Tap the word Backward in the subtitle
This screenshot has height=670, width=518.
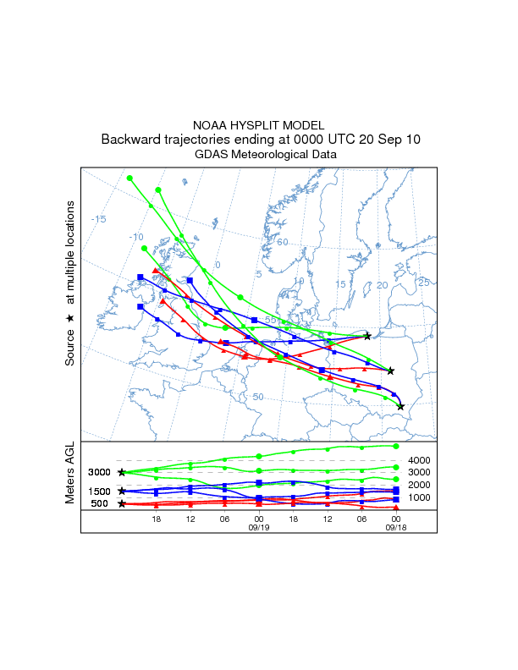[x=134, y=140]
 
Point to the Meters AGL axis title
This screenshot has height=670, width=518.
[x=71, y=477]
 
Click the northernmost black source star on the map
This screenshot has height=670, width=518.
[x=367, y=336]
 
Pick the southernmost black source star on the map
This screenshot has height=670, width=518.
[x=400, y=407]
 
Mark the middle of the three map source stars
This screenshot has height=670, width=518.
[x=390, y=371]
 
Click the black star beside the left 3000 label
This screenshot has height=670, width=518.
[x=122, y=472]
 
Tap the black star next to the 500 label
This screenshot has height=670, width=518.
[x=122, y=503]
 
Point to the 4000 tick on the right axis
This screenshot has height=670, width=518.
[x=421, y=460]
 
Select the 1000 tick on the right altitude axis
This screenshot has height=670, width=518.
[x=421, y=497]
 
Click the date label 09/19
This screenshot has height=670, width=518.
[x=258, y=526]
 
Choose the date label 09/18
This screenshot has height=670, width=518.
[x=395, y=526]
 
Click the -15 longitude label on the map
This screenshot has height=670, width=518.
[x=99, y=220]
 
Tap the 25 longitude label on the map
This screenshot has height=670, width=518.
[x=424, y=282]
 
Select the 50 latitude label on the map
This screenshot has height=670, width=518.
[x=258, y=397]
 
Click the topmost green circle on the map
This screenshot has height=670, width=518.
[x=129, y=178]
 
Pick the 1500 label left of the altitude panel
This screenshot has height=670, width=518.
[x=99, y=492]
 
